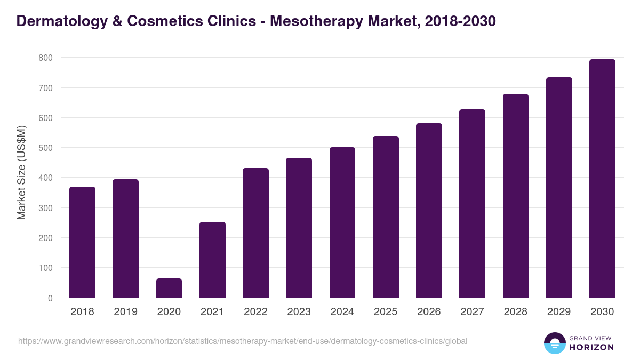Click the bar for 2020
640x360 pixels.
(x=169, y=288)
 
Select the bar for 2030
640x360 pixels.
(x=602, y=179)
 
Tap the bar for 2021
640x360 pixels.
(x=212, y=260)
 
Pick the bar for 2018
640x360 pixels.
(x=83, y=242)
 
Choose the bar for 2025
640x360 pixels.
(x=386, y=217)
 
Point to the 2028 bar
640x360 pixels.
(x=516, y=196)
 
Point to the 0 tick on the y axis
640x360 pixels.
(x=50, y=298)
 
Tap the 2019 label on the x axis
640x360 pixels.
(x=125, y=312)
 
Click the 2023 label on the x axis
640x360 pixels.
(x=299, y=312)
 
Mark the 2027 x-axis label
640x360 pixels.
(x=472, y=312)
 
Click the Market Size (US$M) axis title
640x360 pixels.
(x=21, y=172)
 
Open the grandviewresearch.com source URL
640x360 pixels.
(x=242, y=341)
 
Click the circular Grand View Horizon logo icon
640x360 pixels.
(x=554, y=343)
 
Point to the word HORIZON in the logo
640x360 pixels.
(x=591, y=347)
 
